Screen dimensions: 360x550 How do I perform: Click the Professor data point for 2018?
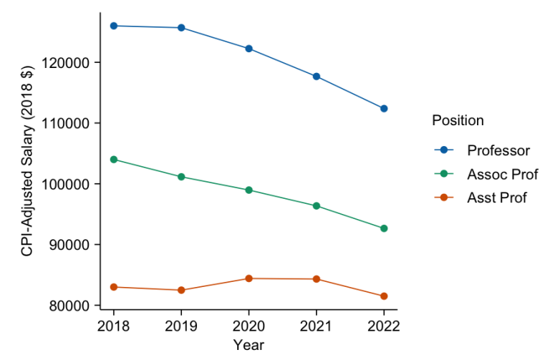[x=113, y=26]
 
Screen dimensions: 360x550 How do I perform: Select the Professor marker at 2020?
[x=249, y=49]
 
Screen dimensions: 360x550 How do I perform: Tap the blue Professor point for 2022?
[x=384, y=109]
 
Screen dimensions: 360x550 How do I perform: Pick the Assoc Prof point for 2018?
[x=113, y=160]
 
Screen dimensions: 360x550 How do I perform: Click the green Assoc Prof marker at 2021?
[x=317, y=206]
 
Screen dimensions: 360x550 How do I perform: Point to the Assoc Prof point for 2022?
[x=384, y=228]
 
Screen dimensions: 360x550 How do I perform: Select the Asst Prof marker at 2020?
[x=249, y=278]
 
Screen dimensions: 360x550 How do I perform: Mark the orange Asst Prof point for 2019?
[x=181, y=290]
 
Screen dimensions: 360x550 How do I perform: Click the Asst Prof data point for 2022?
[x=384, y=296]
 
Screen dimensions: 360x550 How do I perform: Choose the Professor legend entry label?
[x=498, y=150]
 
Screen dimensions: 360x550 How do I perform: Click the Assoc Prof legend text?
[x=502, y=174]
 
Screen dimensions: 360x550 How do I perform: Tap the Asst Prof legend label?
[x=496, y=198]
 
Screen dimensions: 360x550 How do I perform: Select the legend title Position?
[x=458, y=121]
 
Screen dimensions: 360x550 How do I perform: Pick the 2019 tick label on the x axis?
[x=181, y=326]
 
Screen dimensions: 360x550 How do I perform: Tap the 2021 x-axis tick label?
[x=317, y=326]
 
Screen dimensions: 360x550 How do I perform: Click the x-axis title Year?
[x=249, y=346]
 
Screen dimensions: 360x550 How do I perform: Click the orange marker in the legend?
[x=444, y=198]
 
